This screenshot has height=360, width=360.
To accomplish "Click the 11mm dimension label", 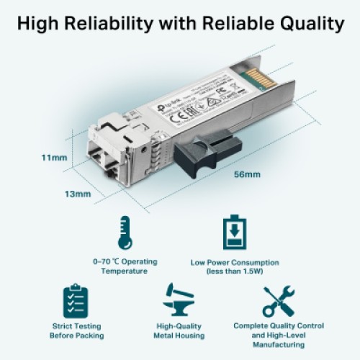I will click(53, 158).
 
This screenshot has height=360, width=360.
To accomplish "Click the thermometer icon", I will click(125, 233).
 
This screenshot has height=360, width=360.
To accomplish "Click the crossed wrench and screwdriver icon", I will click(278, 301).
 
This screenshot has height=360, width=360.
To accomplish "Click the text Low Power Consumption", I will click(235, 262).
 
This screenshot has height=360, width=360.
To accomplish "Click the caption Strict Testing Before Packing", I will click(76, 330).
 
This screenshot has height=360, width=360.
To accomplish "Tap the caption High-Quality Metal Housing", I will click(180, 330).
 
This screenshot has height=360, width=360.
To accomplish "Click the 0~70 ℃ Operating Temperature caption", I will click(125, 266).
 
